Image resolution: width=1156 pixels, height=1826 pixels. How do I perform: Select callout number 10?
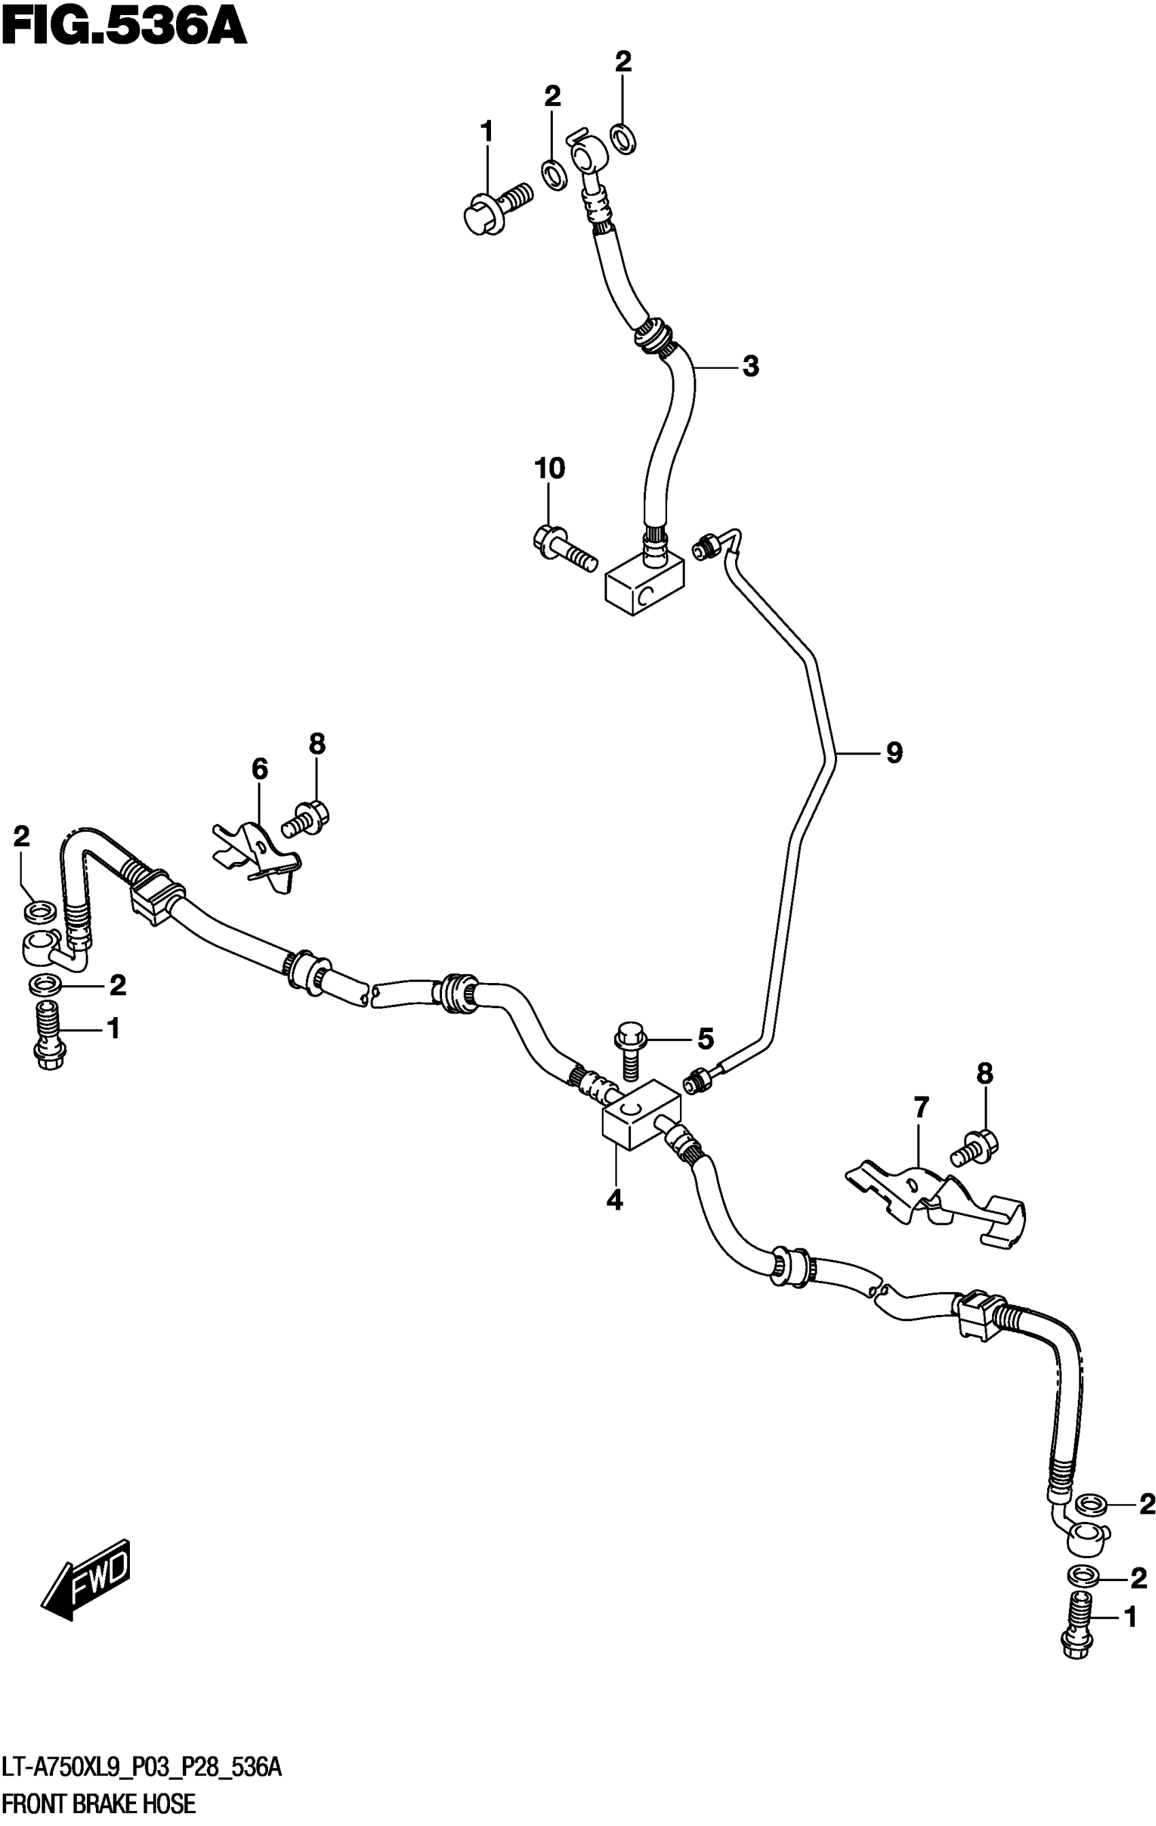tap(549, 469)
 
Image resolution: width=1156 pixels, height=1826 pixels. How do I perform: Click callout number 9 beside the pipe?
tap(894, 753)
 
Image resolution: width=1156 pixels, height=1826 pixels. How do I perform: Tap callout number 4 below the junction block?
tap(614, 1199)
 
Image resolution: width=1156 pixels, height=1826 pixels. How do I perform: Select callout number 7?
tap(920, 1109)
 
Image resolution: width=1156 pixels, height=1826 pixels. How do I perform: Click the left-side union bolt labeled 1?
tap(49, 1034)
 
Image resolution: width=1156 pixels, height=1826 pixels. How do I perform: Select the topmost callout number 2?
tap(622, 62)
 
